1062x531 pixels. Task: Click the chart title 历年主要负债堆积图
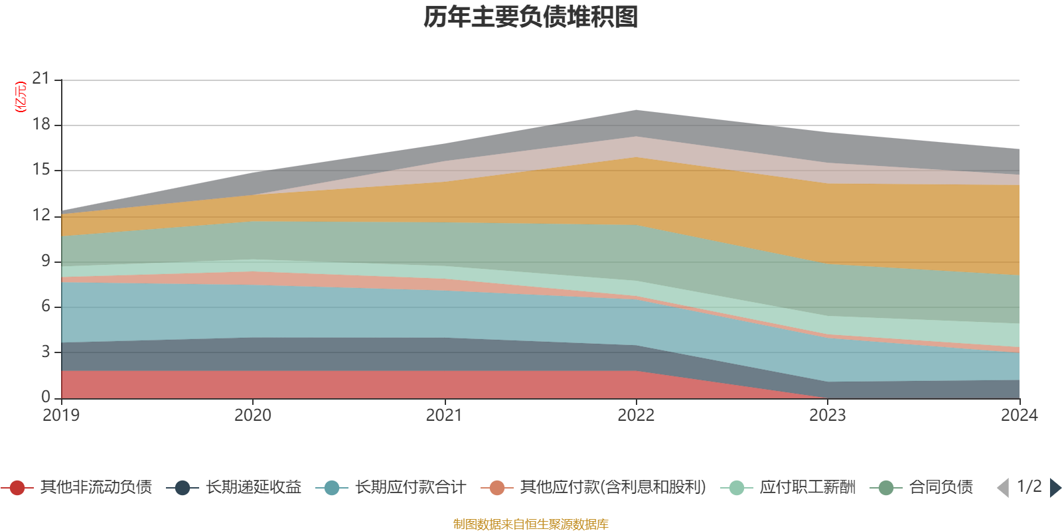coord(531,17)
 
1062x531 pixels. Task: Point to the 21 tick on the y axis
coord(41,79)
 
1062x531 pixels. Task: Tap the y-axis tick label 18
coord(41,124)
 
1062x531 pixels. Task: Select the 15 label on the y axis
coord(41,170)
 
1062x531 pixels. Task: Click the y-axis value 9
coord(45,261)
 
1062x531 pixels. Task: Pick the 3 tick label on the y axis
coord(45,352)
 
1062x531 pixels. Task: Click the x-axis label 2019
coord(61,416)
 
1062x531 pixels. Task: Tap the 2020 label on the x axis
coord(252,416)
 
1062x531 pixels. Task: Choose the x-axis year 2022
coord(636,416)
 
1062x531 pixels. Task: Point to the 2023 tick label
coord(827,416)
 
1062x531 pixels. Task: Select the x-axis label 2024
coord(1019,416)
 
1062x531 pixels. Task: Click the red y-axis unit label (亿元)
coord(21,97)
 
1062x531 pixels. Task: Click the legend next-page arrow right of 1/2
coord(1055,488)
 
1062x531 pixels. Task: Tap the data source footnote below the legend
coord(531,524)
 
